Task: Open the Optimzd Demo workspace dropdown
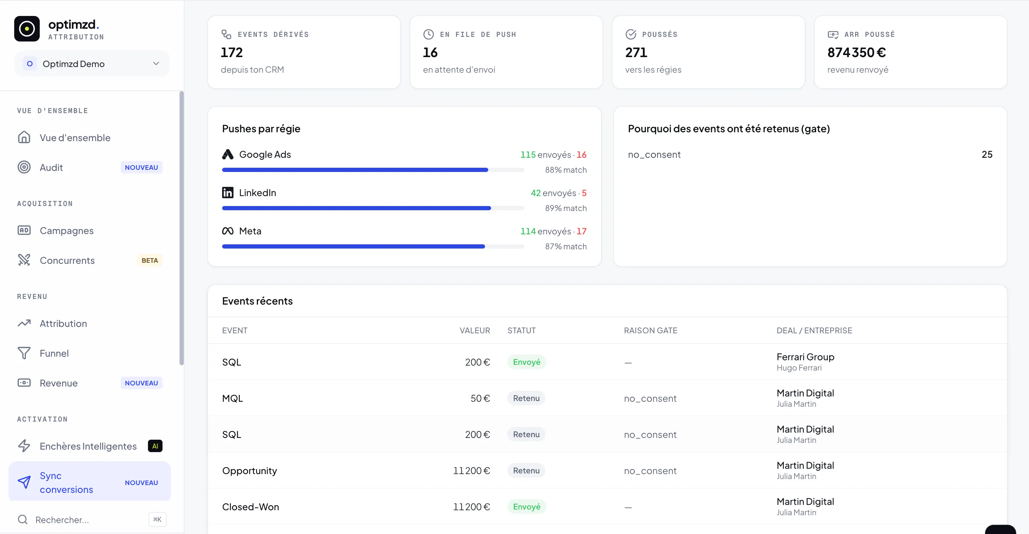pyautogui.click(x=92, y=64)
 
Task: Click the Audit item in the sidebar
pyautogui.click(x=51, y=168)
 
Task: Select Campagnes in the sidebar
pyautogui.click(x=67, y=231)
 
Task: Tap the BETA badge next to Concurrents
pyautogui.click(x=149, y=261)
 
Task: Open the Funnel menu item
pyautogui.click(x=54, y=353)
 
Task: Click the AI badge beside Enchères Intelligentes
pyautogui.click(x=155, y=446)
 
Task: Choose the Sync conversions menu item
pyautogui.click(x=89, y=482)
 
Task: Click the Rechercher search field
pyautogui.click(x=92, y=519)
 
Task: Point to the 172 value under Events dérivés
pyautogui.click(x=232, y=52)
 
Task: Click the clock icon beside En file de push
pyautogui.click(x=428, y=34)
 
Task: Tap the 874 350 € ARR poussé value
pyautogui.click(x=857, y=52)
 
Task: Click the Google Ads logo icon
pyautogui.click(x=228, y=155)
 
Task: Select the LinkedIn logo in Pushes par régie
pyautogui.click(x=228, y=193)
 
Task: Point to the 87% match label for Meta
pyautogui.click(x=566, y=247)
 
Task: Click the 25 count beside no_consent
pyautogui.click(x=987, y=155)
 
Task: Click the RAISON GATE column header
pyautogui.click(x=650, y=330)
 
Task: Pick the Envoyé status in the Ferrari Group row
pyautogui.click(x=527, y=362)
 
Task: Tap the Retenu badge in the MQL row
pyautogui.click(x=526, y=398)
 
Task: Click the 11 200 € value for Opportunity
pyautogui.click(x=471, y=471)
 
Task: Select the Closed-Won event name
pyautogui.click(x=251, y=507)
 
